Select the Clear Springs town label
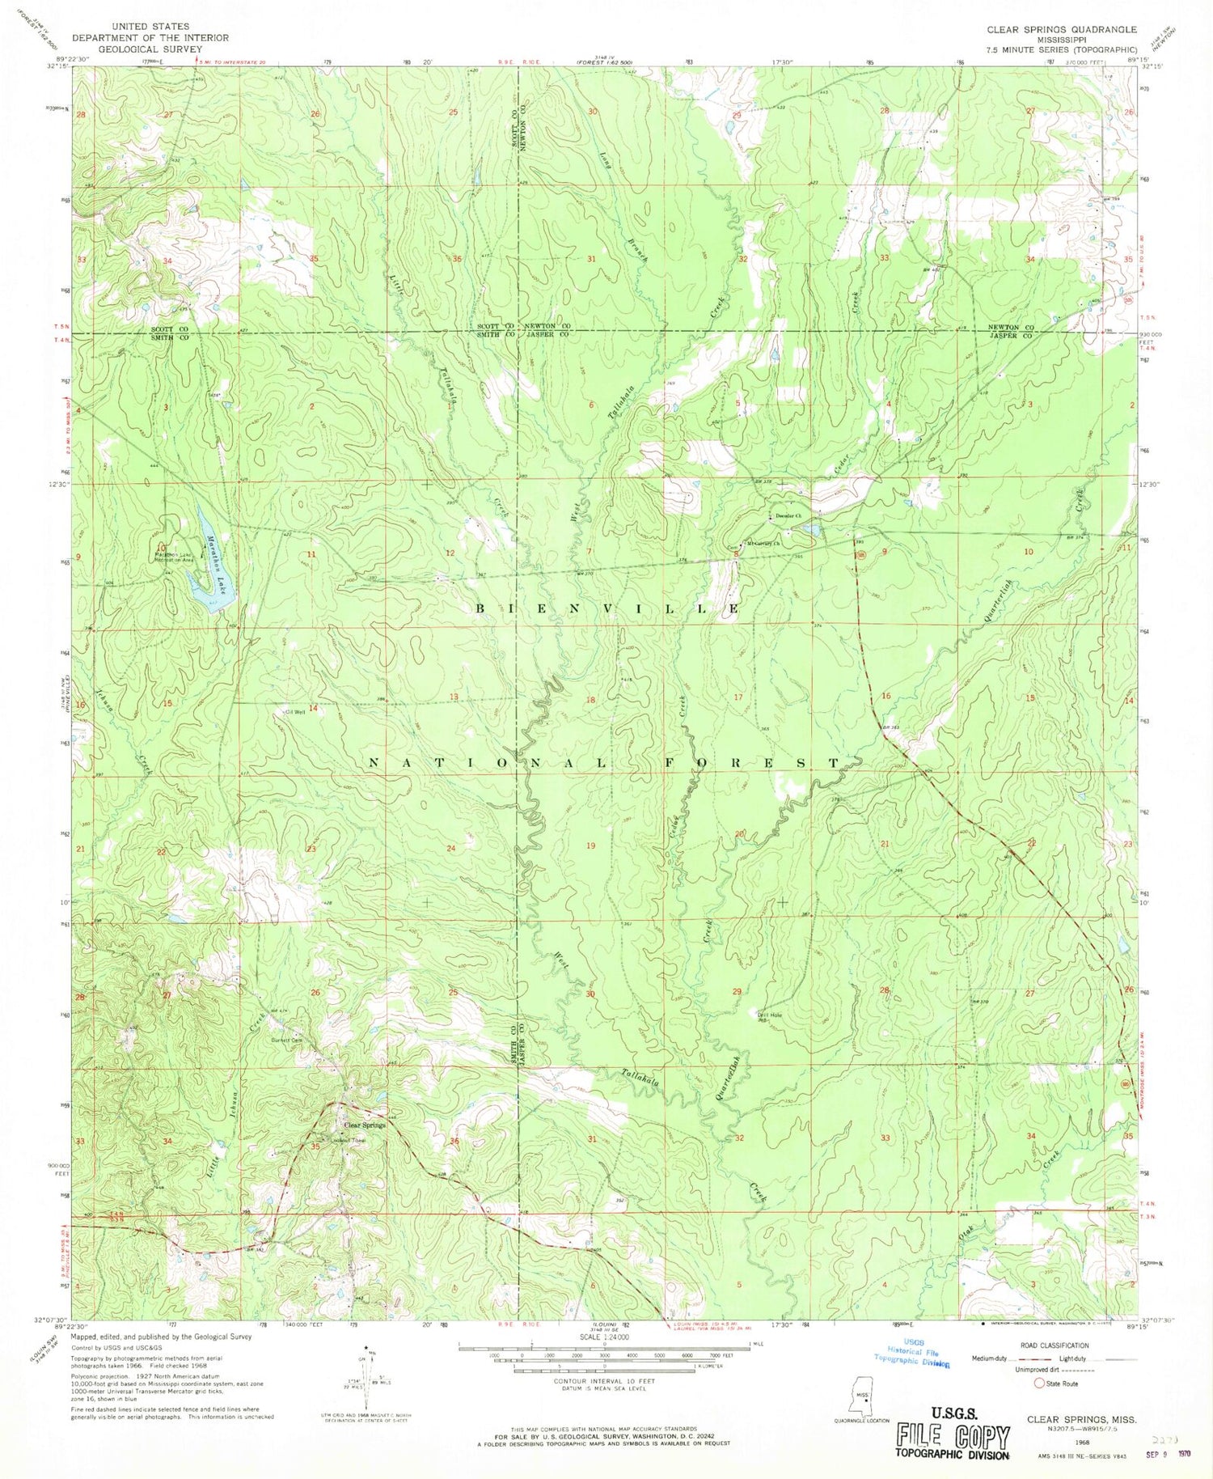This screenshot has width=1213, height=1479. (365, 1125)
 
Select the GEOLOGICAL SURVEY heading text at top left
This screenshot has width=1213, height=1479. (150, 49)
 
